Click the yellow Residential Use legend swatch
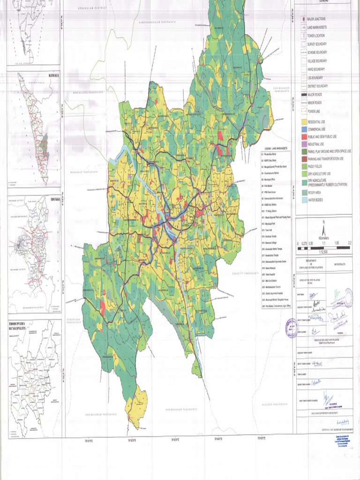(304, 121)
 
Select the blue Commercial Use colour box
(304, 129)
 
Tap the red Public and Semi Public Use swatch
(304, 136)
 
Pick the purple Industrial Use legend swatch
(304, 144)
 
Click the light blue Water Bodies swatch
(304, 200)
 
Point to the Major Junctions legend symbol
(304, 19)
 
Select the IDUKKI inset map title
(52, 198)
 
